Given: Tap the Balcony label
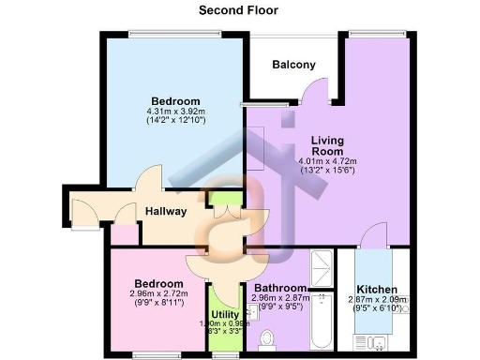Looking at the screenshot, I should pos(293,65).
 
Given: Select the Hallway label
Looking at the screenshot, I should pos(165,212).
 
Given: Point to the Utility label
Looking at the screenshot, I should pos(225,314).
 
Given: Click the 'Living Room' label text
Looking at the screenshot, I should pos(327,146).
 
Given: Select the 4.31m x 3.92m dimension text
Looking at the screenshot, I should pos(175,112).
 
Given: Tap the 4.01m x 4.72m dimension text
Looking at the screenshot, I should pos(327,160).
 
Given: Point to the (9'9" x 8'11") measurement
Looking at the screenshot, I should pos(157,303).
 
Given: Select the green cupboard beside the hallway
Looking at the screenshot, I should pos(223,197).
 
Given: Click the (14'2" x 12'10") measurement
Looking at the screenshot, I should pos(175,122).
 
